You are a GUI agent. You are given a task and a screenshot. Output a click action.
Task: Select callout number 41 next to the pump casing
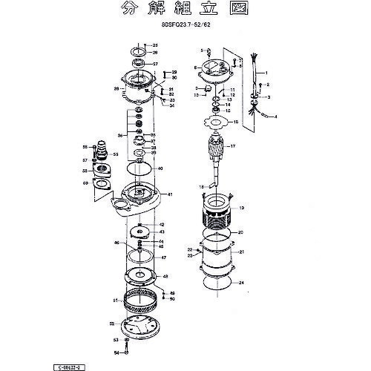point(170,194)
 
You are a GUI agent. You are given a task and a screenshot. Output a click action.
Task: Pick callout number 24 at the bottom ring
point(241,283)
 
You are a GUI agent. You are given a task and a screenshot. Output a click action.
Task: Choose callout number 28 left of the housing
point(116,88)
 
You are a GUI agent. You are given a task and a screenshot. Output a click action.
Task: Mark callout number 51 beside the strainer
point(115,301)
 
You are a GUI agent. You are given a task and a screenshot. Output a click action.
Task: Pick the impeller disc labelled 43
point(140,232)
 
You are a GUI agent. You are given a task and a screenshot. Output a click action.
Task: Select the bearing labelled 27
point(139,64)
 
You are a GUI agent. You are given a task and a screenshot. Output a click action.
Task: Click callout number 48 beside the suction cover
point(165,276)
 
